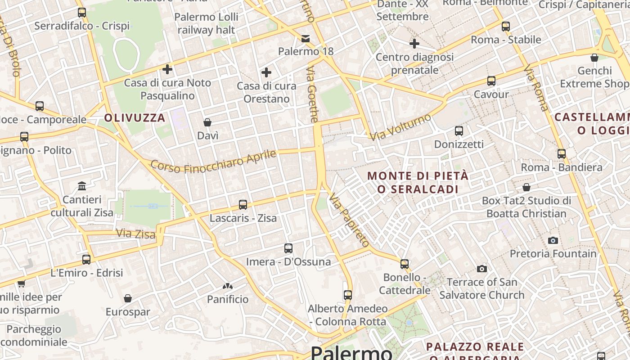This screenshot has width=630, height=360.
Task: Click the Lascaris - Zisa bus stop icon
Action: coord(243,205)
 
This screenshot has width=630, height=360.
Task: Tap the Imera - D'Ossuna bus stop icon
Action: coord(288,248)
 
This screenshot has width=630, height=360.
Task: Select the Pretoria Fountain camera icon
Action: coord(553,240)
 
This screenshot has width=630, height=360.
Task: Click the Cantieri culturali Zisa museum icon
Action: coord(82,186)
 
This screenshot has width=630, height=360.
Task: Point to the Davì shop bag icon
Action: coord(207,122)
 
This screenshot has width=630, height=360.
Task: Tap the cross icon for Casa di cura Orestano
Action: coord(266,72)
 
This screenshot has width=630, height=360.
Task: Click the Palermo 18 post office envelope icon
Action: coord(306,38)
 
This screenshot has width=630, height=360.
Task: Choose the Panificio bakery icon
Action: coord(228,286)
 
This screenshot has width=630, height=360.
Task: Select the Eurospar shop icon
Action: coord(128,298)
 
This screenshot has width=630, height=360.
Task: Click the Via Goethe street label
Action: coord(312,94)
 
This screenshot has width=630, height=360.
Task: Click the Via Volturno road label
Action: coord(400,126)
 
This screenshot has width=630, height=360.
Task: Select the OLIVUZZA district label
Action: coord(135,118)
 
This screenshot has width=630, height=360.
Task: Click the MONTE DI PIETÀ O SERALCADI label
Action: coord(418,182)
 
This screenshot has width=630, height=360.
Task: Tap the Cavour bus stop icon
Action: coord(491,81)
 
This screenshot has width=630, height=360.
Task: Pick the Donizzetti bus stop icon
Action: coord(459,131)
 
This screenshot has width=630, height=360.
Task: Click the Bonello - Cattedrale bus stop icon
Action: coord(405,264)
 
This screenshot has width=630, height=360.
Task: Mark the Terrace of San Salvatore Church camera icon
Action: coord(482,269)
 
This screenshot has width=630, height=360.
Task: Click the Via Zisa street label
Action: coord(136,234)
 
